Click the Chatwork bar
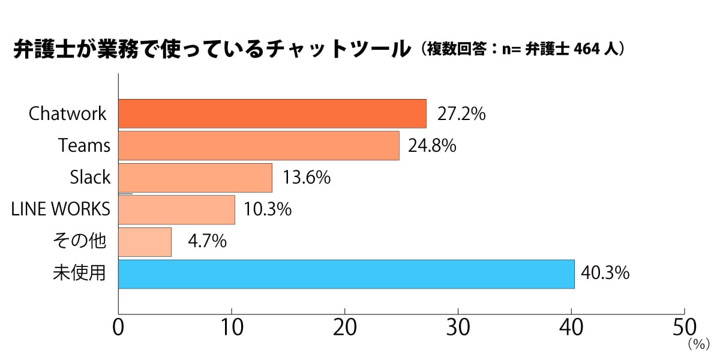tap(272, 114)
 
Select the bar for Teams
tap(259, 146)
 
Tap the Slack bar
tap(195, 178)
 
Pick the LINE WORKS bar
tap(176, 209)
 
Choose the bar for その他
tap(145, 242)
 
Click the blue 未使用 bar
tap(346, 274)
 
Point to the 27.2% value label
tap(461, 114)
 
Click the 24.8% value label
tap(432, 146)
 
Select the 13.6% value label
tap(306, 178)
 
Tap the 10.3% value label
tap(268, 209)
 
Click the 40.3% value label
tap(605, 274)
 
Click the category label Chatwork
tap(68, 114)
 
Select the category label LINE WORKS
tap(61, 209)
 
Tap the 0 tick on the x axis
tap(118, 329)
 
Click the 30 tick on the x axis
tap(458, 329)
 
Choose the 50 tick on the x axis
tap(684, 329)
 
